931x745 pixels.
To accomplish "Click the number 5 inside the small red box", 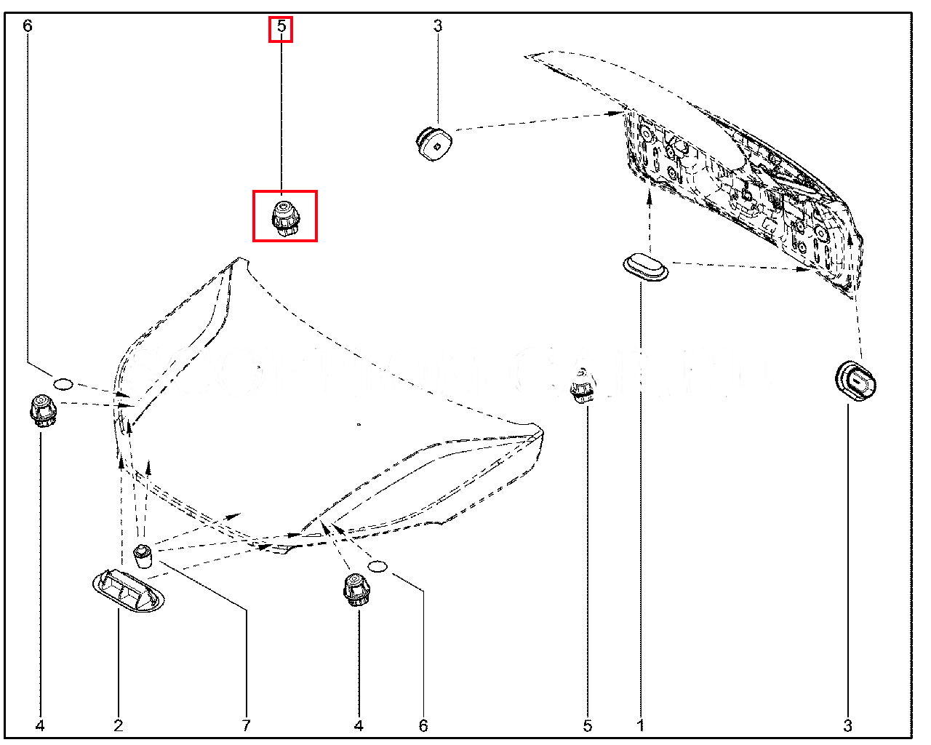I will click(x=281, y=30).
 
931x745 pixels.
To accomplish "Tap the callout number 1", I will click(x=640, y=725).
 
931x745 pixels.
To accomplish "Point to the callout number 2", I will click(x=118, y=725).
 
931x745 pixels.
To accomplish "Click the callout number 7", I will click(x=246, y=725).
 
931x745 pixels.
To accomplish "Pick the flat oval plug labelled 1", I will click(x=646, y=266).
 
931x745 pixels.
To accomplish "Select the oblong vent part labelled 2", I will click(x=129, y=590).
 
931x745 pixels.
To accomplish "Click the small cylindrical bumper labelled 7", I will click(x=143, y=554).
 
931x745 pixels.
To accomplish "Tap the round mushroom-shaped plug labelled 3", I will click(x=433, y=141).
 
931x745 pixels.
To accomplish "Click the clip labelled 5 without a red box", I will click(x=580, y=386).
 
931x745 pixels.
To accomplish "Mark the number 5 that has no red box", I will click(x=587, y=725).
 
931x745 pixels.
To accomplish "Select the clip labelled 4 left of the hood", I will click(x=42, y=411).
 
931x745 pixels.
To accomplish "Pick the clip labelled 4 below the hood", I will click(x=354, y=589).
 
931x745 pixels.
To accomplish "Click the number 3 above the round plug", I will click(x=437, y=27).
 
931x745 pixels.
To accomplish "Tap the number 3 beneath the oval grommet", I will click(x=847, y=725).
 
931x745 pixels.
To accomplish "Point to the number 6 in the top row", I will click(x=28, y=27).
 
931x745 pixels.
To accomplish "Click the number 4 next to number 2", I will click(x=40, y=725).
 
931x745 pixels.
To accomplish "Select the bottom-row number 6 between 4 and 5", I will click(x=423, y=725).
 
